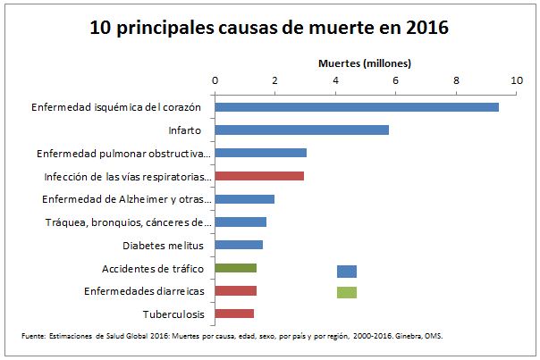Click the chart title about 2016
pyautogui.click(x=269, y=28)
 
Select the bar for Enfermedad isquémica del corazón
pyautogui.click(x=357, y=107)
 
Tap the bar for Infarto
pyautogui.click(x=302, y=130)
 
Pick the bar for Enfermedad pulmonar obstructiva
pyautogui.click(x=261, y=153)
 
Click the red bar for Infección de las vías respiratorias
pyautogui.click(x=259, y=176)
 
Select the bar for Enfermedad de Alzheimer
pyautogui.click(x=245, y=198)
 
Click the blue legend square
pyautogui.click(x=346, y=272)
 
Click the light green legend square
pyautogui.click(x=346, y=292)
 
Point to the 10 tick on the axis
pyautogui.click(x=516, y=80)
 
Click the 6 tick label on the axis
pyautogui.click(x=396, y=80)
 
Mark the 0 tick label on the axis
pyautogui.click(x=215, y=80)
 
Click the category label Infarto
pyautogui.click(x=184, y=130)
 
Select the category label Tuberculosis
pyautogui.click(x=173, y=314)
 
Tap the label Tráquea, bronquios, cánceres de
pyautogui.click(x=128, y=222)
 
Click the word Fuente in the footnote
pyautogui.click(x=33, y=337)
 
